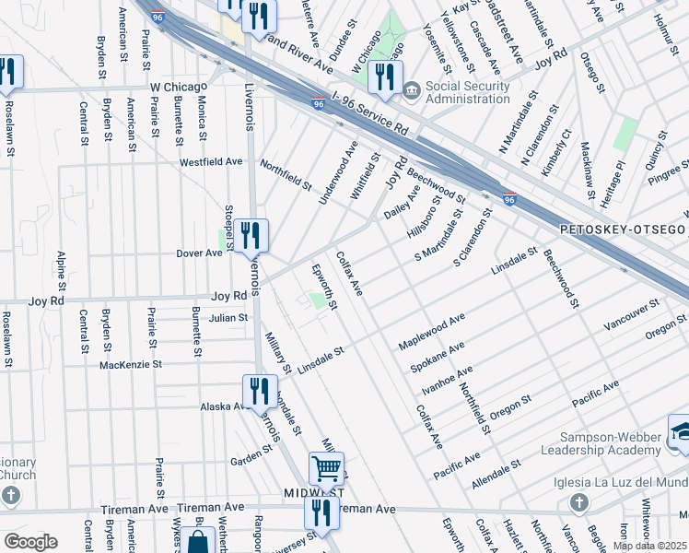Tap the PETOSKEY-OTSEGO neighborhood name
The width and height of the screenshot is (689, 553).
point(624,228)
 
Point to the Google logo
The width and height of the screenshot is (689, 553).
point(30,541)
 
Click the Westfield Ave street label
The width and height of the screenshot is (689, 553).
point(210,161)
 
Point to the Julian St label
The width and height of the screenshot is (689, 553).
point(228,318)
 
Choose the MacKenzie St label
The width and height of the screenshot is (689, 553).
point(130,365)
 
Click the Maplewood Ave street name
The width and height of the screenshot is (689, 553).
point(431,332)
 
